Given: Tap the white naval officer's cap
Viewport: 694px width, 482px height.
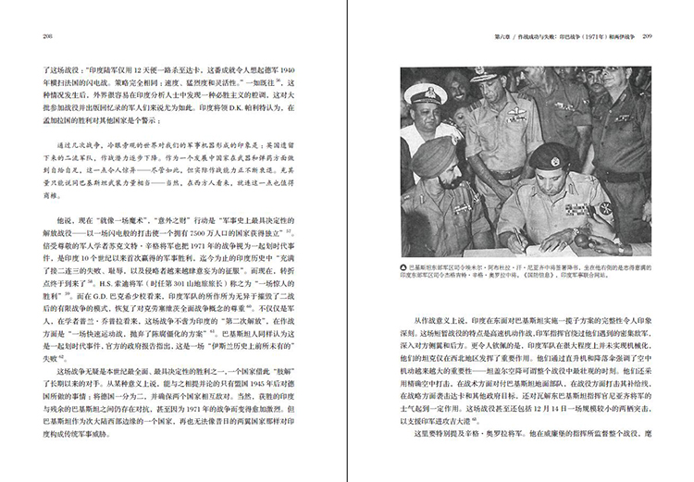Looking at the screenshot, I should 431,94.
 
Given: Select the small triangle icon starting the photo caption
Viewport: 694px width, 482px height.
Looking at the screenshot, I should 403,270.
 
